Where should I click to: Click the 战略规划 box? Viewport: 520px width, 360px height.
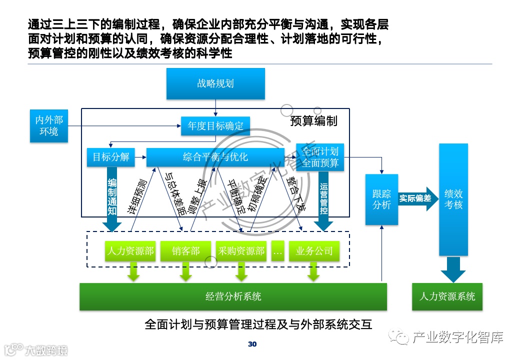click(215, 83)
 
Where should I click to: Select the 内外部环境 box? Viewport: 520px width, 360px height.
click(48, 125)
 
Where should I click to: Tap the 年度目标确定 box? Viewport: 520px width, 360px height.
click(215, 126)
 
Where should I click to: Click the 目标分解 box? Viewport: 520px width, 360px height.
click(110, 157)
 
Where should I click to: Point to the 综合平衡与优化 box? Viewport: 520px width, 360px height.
click(215, 157)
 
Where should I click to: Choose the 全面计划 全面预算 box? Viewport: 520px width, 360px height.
click(320, 157)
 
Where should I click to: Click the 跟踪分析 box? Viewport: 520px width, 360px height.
click(381, 199)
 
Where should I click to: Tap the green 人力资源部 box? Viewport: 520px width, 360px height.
click(130, 251)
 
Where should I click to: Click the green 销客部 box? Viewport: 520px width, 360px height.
click(185, 251)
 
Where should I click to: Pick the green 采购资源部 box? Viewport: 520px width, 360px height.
click(241, 251)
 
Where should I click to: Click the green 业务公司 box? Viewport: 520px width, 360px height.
click(314, 251)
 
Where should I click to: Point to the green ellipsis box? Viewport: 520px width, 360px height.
click(277, 251)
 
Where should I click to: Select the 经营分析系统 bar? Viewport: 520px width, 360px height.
click(233, 296)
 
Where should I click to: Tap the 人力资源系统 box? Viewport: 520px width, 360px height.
click(447, 296)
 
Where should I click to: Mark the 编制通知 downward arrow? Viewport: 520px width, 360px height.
click(112, 200)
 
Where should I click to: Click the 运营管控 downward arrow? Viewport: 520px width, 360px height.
click(324, 200)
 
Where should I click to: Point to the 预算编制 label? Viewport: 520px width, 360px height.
click(313, 121)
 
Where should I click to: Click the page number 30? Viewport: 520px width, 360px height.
click(252, 344)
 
